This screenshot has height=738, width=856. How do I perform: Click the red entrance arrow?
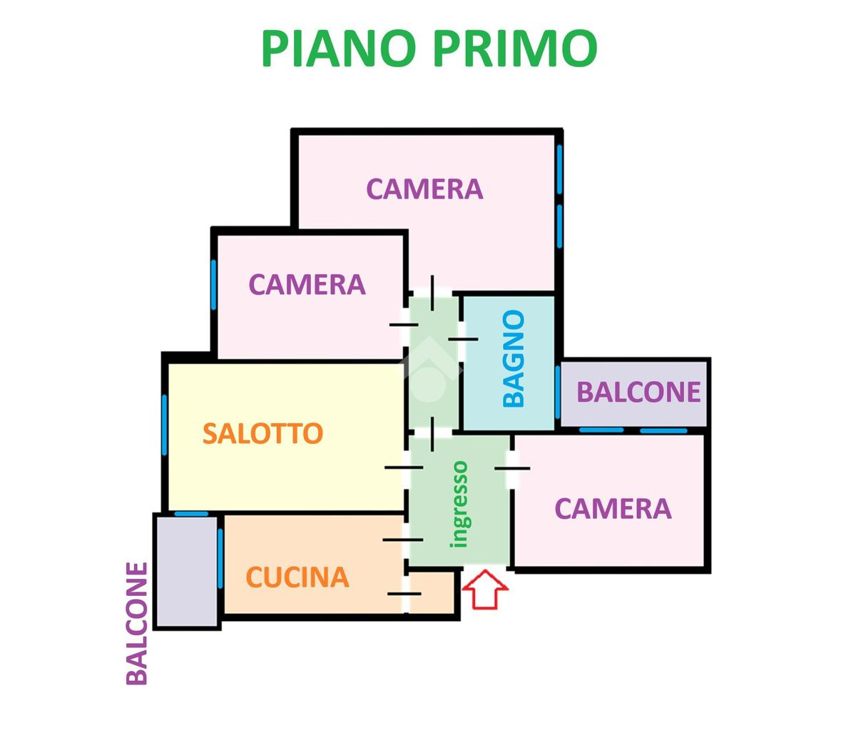(x=485, y=588)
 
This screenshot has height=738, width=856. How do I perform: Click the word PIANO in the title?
(x=338, y=48)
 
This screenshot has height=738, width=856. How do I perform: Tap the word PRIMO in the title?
(x=514, y=48)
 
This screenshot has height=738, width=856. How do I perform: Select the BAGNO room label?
(x=514, y=358)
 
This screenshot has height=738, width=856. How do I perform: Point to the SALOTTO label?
(x=263, y=433)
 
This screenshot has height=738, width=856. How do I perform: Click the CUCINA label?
(x=297, y=577)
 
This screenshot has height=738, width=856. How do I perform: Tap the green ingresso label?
(x=460, y=504)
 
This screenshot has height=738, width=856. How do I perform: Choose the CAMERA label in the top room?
(x=424, y=189)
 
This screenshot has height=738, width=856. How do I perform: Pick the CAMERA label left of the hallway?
(x=307, y=285)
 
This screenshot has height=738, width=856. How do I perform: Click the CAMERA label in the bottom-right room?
(x=613, y=509)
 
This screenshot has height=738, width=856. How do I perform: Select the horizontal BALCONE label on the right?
(x=638, y=392)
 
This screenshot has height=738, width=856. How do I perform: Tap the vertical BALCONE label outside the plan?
(x=137, y=623)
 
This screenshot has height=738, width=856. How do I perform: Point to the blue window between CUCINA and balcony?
(x=220, y=548)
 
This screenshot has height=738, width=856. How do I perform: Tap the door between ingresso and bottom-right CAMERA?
(x=511, y=469)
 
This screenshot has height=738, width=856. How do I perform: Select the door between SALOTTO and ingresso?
(x=405, y=467)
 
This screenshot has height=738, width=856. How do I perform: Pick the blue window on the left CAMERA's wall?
(x=213, y=284)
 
